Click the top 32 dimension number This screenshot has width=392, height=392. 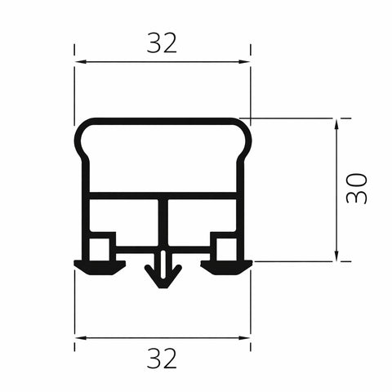(x=162, y=42)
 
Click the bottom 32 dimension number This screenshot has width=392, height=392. (x=162, y=357)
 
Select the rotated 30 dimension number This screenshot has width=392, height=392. (x=357, y=189)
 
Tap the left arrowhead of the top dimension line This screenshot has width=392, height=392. (x=79, y=61)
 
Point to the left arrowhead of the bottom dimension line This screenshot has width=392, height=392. (x=79, y=336)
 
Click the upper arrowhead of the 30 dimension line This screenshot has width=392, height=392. (x=336, y=123)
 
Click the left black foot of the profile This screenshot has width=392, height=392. (x=99, y=266)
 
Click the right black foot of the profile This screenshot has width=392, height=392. (x=227, y=266)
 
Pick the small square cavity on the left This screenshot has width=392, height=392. (x=101, y=246)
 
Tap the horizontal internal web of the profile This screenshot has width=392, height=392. (x=122, y=196)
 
